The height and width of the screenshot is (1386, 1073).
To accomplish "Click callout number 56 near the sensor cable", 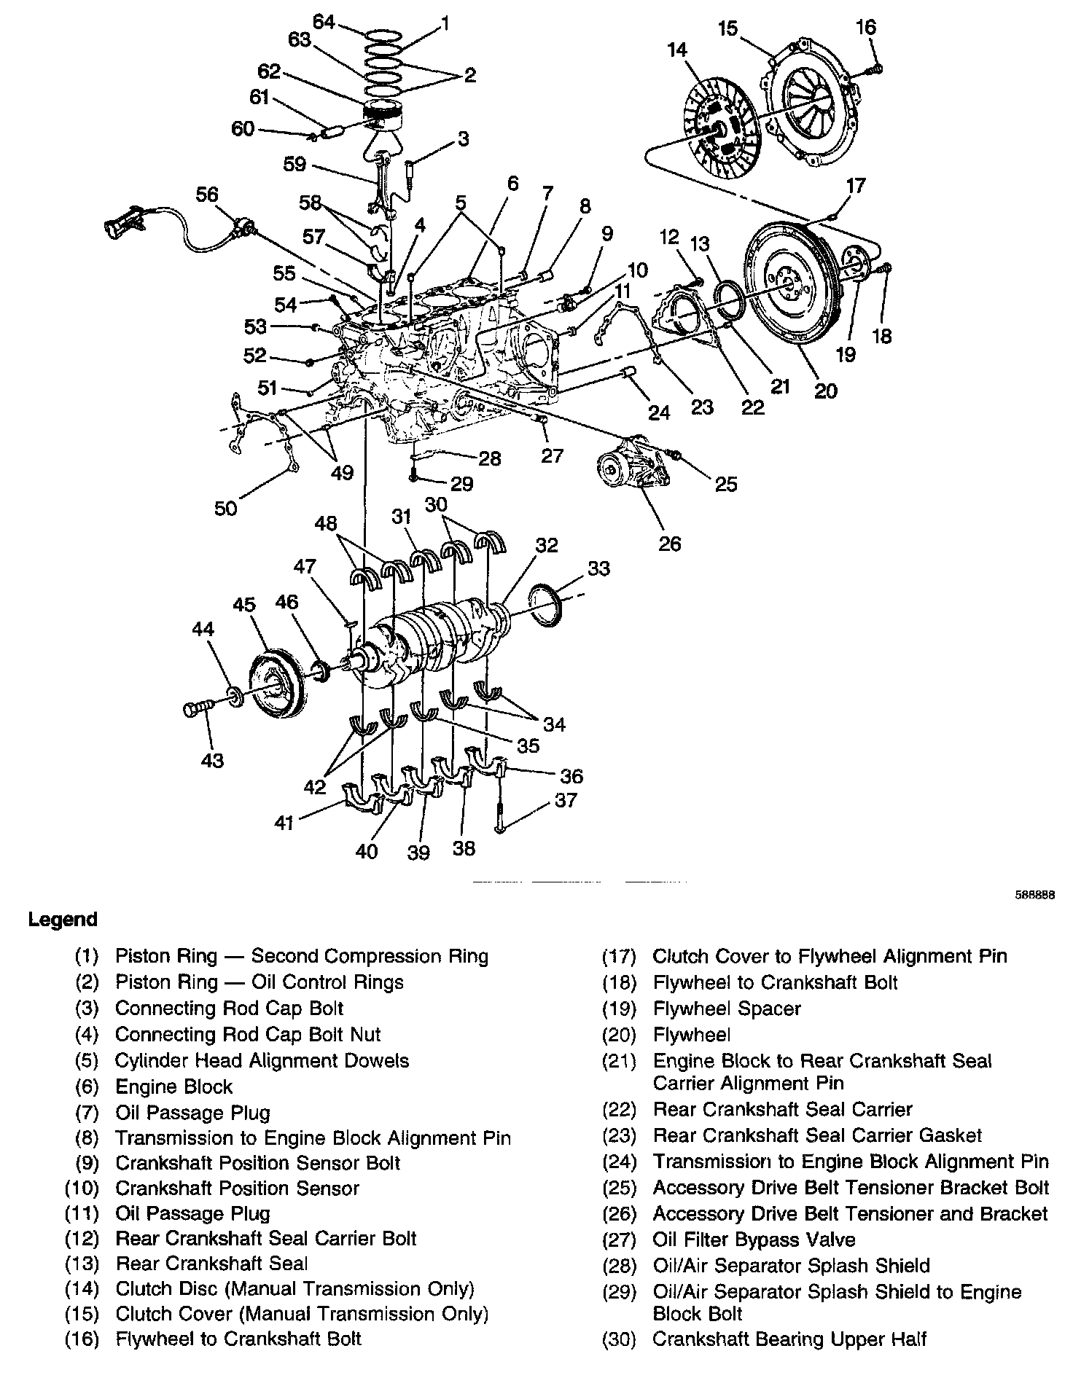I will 207,195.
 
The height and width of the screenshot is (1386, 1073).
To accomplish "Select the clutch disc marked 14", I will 721,131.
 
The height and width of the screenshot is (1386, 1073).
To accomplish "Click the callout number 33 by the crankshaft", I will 598,568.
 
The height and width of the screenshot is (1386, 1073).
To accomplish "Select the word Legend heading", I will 63,920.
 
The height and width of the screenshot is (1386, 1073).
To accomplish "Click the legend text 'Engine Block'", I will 173,1087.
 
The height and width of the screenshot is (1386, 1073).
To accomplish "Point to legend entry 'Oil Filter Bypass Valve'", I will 754,1240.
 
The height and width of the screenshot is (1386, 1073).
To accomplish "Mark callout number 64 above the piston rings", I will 323,23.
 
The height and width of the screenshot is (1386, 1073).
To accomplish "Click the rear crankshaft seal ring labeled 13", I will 730,298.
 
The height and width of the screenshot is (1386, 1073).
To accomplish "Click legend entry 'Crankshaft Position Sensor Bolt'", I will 257,1162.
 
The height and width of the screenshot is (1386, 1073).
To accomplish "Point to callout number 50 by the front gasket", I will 226,507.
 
